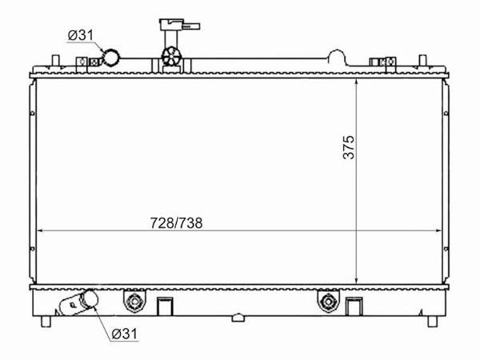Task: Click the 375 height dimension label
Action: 349,147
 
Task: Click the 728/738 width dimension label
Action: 176,223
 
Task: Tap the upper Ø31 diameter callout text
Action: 81,35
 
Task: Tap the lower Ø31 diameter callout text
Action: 125,334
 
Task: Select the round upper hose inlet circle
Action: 111,58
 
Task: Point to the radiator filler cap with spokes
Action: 171,56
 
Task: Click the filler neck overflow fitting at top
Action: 178,26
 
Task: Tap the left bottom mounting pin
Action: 46,322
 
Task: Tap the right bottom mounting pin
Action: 432,322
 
